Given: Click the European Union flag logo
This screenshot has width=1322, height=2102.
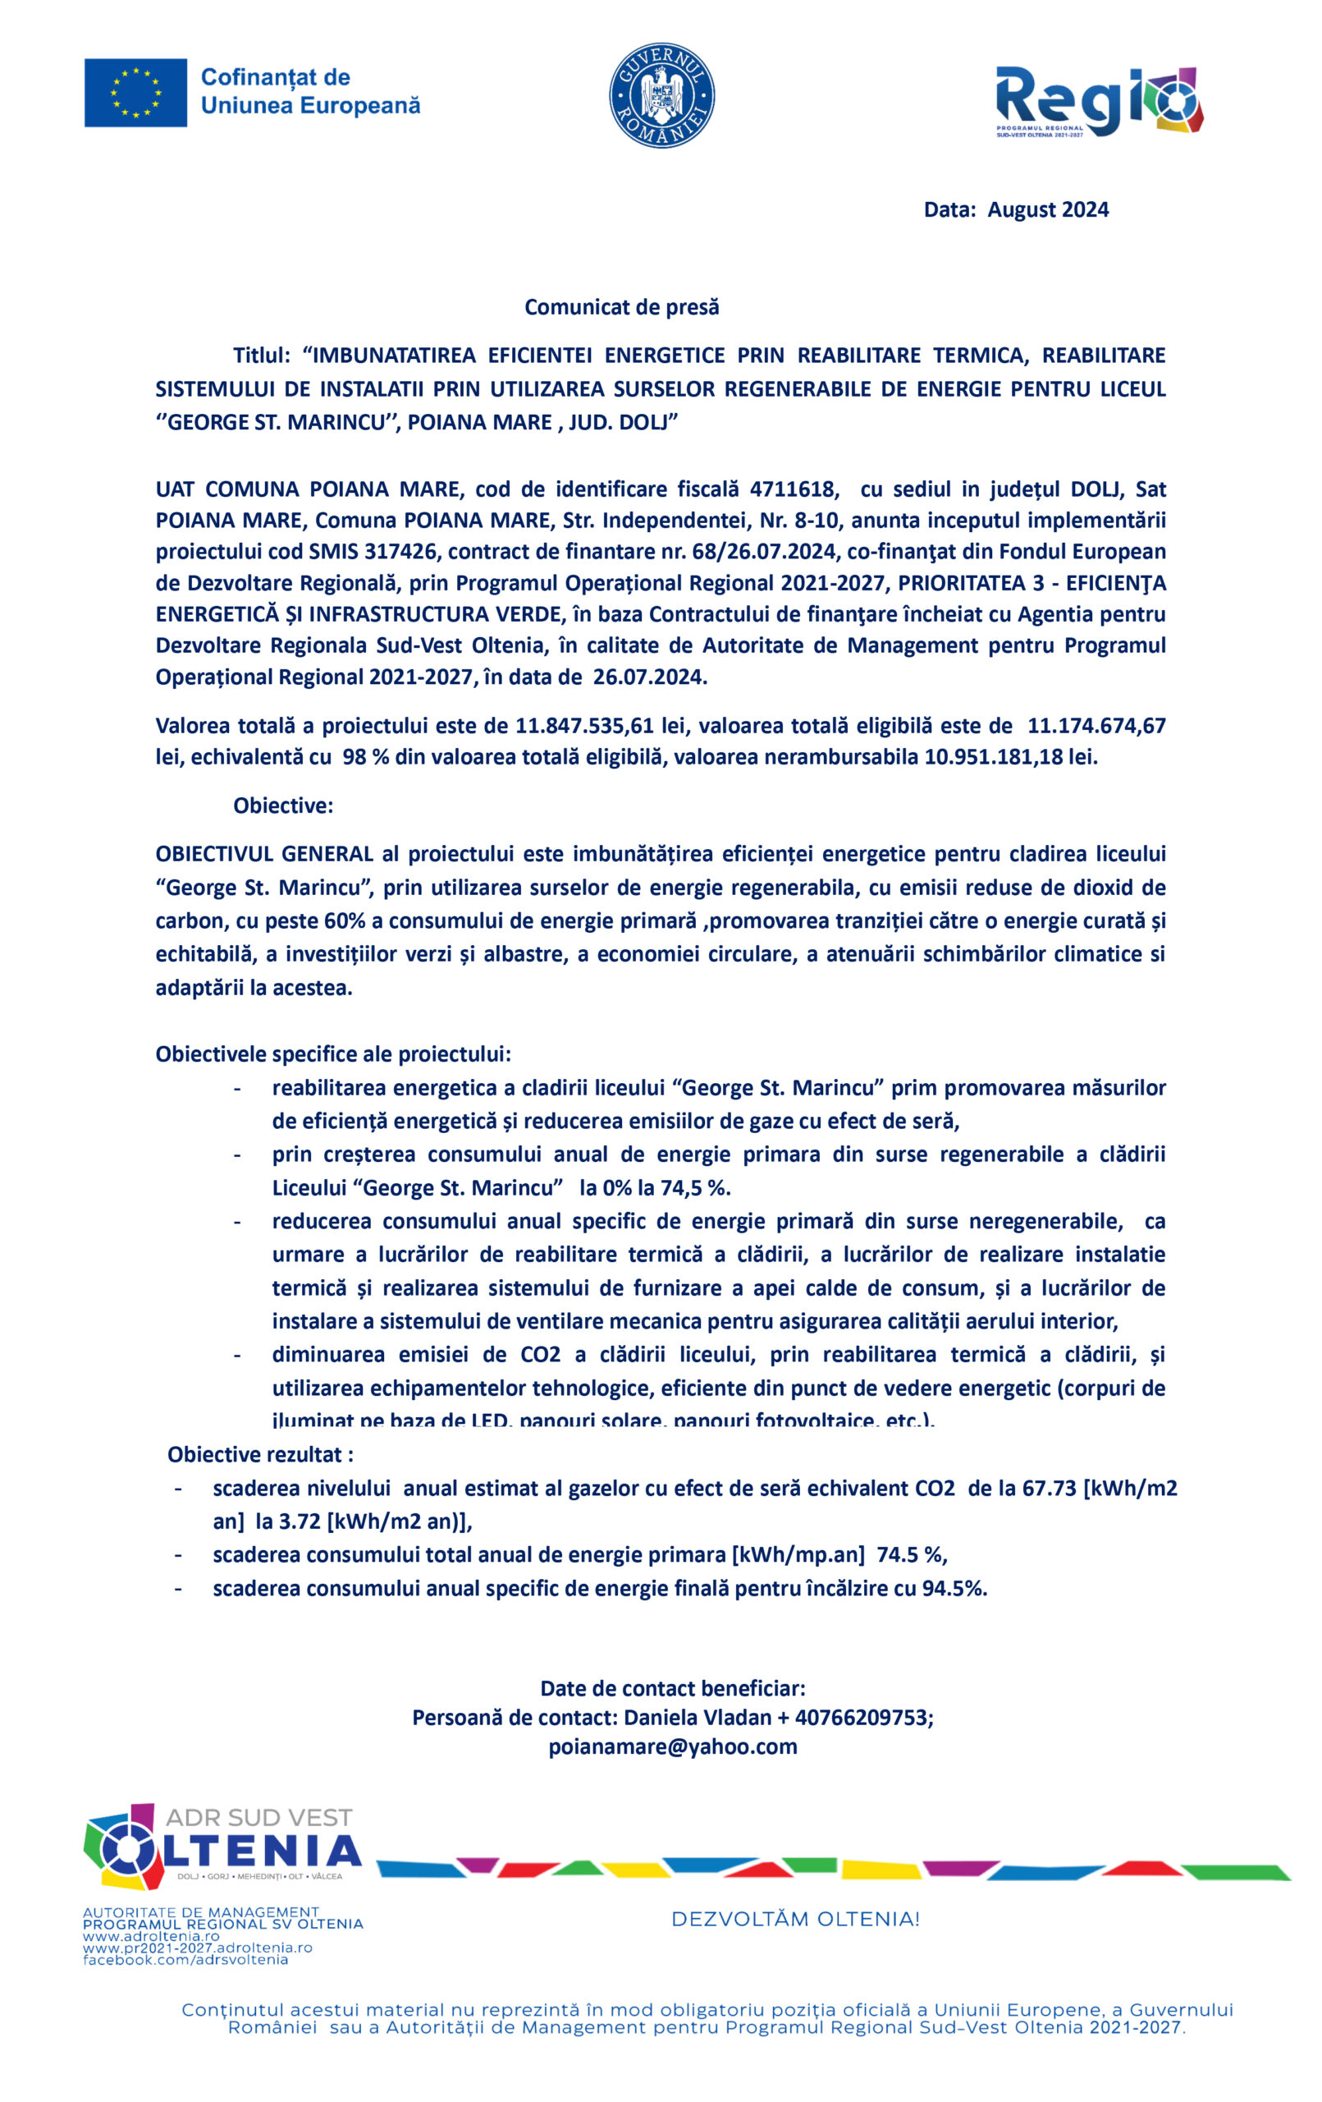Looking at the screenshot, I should [135, 93].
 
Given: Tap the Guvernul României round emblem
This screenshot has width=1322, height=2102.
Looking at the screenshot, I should [661, 95].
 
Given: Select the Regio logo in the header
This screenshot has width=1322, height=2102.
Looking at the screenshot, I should [1099, 101].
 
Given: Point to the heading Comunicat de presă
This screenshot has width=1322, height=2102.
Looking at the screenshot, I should [621, 307].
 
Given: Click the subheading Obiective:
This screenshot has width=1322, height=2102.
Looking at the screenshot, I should [283, 805].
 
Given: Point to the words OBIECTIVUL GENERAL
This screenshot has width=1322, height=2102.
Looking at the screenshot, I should [264, 854].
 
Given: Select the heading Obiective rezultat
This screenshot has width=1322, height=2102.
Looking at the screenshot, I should [260, 1454].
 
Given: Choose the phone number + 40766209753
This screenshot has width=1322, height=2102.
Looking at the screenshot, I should [853, 1717].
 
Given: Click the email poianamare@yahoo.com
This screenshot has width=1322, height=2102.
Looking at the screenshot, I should [673, 1746].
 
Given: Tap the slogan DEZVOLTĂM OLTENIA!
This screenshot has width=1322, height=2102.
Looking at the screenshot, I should [795, 1919].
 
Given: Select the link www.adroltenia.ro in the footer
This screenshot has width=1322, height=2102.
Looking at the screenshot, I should [151, 1936].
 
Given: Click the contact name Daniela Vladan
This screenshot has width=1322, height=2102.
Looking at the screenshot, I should [698, 1717].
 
